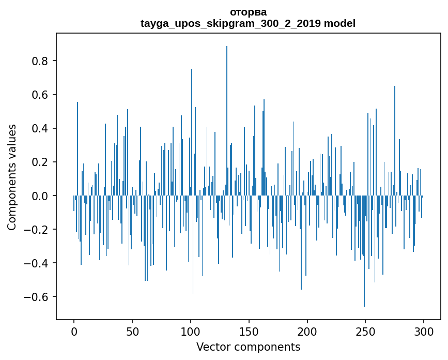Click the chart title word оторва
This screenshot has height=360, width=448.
[x=248, y=12]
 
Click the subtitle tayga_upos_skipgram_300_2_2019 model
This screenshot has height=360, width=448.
[x=248, y=23]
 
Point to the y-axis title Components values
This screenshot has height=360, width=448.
[x=12, y=177]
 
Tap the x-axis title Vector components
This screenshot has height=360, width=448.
[x=248, y=347]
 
